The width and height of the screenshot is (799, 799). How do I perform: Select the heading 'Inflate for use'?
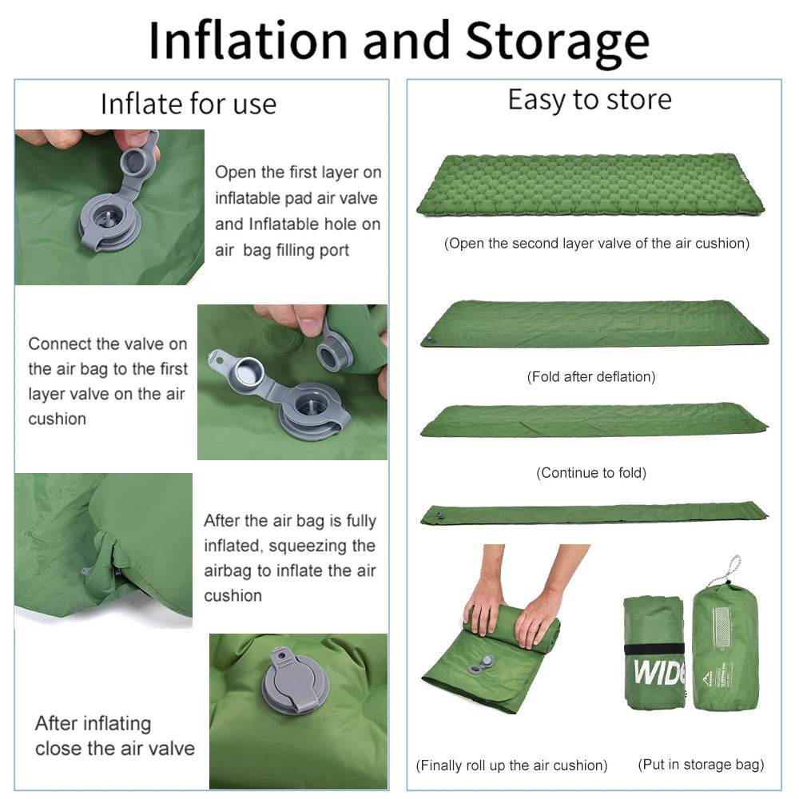coord(189,104)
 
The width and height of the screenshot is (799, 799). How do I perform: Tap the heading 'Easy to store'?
coord(590,100)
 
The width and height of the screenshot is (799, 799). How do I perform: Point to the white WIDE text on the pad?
coord(659,672)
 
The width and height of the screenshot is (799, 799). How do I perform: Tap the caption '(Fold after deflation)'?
coord(591,376)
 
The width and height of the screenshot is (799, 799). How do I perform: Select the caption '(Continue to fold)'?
coord(591,473)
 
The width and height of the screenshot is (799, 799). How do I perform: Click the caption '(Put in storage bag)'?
coord(701,765)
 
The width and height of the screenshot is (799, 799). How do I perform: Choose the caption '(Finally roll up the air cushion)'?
coord(511,765)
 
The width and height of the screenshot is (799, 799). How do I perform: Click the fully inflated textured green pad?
coord(590,185)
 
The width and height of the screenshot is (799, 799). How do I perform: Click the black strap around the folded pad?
coord(655,647)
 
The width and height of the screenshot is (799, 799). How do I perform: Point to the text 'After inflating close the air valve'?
coord(115,736)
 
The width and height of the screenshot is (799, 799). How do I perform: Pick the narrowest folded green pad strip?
coord(593,514)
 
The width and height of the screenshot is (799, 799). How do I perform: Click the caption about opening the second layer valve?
coord(597,244)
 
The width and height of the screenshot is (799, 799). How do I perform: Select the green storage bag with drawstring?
coord(724,647)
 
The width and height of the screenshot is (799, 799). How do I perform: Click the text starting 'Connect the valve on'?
coord(108,381)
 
